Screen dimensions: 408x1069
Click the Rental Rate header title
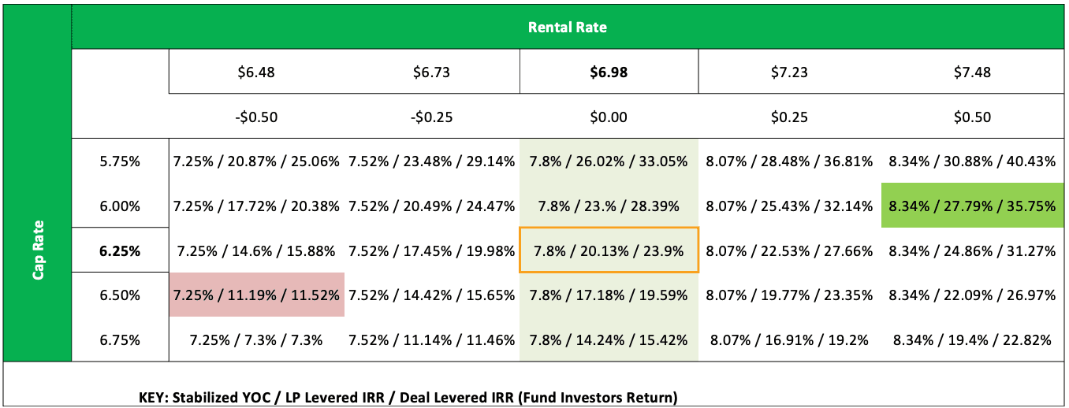point(567,27)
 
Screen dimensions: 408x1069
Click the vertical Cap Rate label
point(37,249)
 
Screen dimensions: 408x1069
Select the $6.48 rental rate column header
point(256,72)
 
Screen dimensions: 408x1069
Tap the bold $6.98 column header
point(608,72)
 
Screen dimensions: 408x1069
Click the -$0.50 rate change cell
point(256,117)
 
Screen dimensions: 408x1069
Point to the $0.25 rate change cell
point(789,117)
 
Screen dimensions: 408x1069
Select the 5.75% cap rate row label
point(120,161)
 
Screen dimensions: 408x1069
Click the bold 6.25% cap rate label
point(120,251)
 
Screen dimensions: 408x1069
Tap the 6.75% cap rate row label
point(120,340)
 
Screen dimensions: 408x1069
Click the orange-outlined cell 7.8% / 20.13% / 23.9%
point(608,251)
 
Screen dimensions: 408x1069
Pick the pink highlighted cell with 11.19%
point(256,295)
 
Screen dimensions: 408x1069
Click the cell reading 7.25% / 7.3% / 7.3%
point(256,340)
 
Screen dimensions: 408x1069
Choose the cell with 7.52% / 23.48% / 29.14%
point(431,161)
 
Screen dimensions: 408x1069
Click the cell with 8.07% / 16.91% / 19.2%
point(789,340)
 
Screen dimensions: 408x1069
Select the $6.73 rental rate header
point(431,72)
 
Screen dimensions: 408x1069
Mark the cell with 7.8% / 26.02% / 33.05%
point(608,161)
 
